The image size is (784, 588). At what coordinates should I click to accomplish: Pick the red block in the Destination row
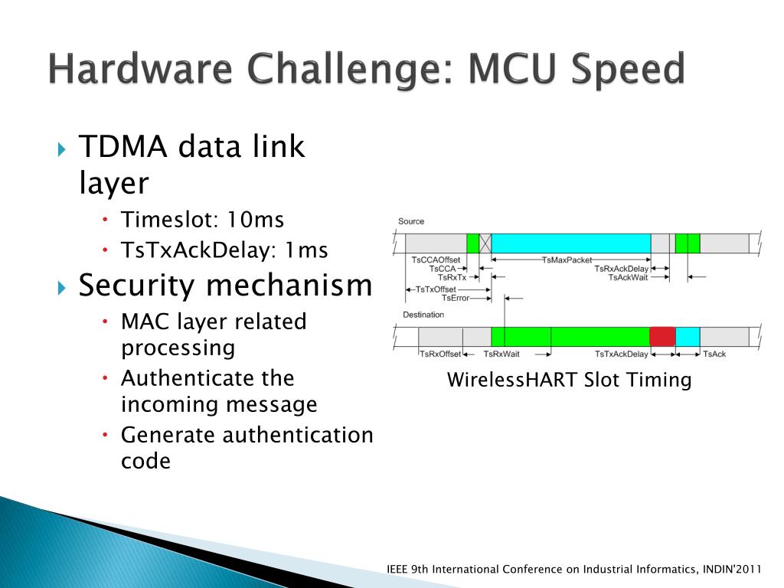click(x=662, y=336)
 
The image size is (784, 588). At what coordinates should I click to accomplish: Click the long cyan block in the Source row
click(x=570, y=243)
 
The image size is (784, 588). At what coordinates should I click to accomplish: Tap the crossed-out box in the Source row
click(x=485, y=243)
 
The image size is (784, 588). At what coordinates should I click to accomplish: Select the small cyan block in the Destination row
click(x=688, y=336)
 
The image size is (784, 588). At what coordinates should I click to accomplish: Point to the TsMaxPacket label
click(x=567, y=260)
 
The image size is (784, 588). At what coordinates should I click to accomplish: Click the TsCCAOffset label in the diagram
click(x=436, y=260)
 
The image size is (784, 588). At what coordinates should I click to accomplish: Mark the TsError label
click(x=455, y=298)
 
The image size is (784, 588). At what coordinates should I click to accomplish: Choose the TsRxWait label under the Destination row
click(x=501, y=354)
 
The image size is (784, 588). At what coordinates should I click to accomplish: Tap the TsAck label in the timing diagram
click(x=714, y=354)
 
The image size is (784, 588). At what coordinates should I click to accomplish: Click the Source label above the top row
click(x=411, y=222)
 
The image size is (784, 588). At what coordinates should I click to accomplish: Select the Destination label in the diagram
click(x=423, y=315)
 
